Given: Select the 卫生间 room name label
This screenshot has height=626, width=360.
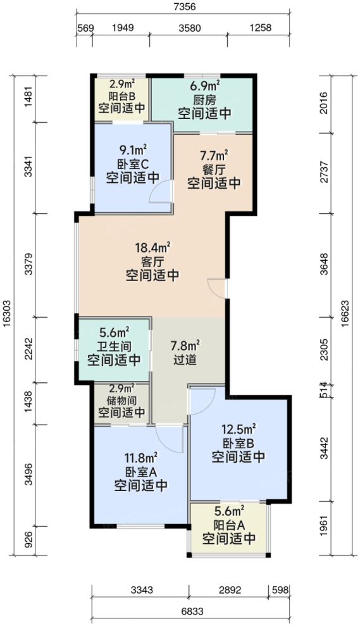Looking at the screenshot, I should tap(114, 346).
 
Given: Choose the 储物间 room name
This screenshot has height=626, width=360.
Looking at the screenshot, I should tap(121, 399).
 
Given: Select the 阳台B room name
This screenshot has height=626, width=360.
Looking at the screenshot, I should tap(121, 97).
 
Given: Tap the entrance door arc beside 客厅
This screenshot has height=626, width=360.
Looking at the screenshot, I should tap(218, 288).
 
